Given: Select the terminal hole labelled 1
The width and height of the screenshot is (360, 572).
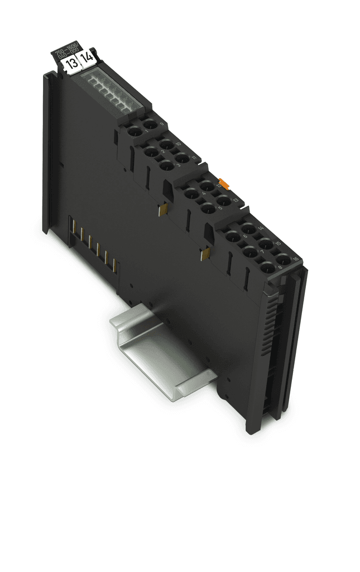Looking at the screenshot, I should point(134,132).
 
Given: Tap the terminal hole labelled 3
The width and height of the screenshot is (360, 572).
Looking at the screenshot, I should point(165,165).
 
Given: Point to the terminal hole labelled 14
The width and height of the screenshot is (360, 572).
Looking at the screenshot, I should point(248,228).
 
